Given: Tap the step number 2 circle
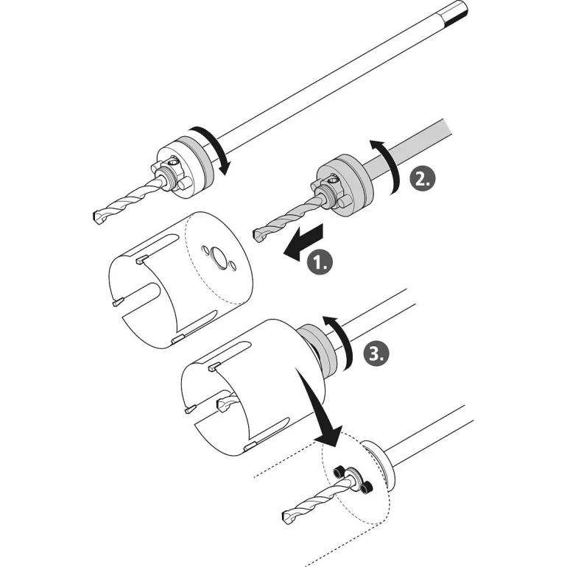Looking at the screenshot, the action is coord(423,178).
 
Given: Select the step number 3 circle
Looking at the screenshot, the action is coord(376,352).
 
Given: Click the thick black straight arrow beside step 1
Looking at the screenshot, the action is coord(303,242).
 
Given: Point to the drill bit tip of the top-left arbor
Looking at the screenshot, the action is coord(98,218).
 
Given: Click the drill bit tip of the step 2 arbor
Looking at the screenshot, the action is coord(260,236).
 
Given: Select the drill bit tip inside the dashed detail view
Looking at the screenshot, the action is coord(288,516).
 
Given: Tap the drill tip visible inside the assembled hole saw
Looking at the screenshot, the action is coord(222,404).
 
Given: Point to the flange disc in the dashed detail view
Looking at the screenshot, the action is coord(379,466).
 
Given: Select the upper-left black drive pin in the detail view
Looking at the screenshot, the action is coord(339,471).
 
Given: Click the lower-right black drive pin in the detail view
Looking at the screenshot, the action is coord(367,487).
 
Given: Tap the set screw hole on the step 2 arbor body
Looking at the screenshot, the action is coord(331,178).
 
